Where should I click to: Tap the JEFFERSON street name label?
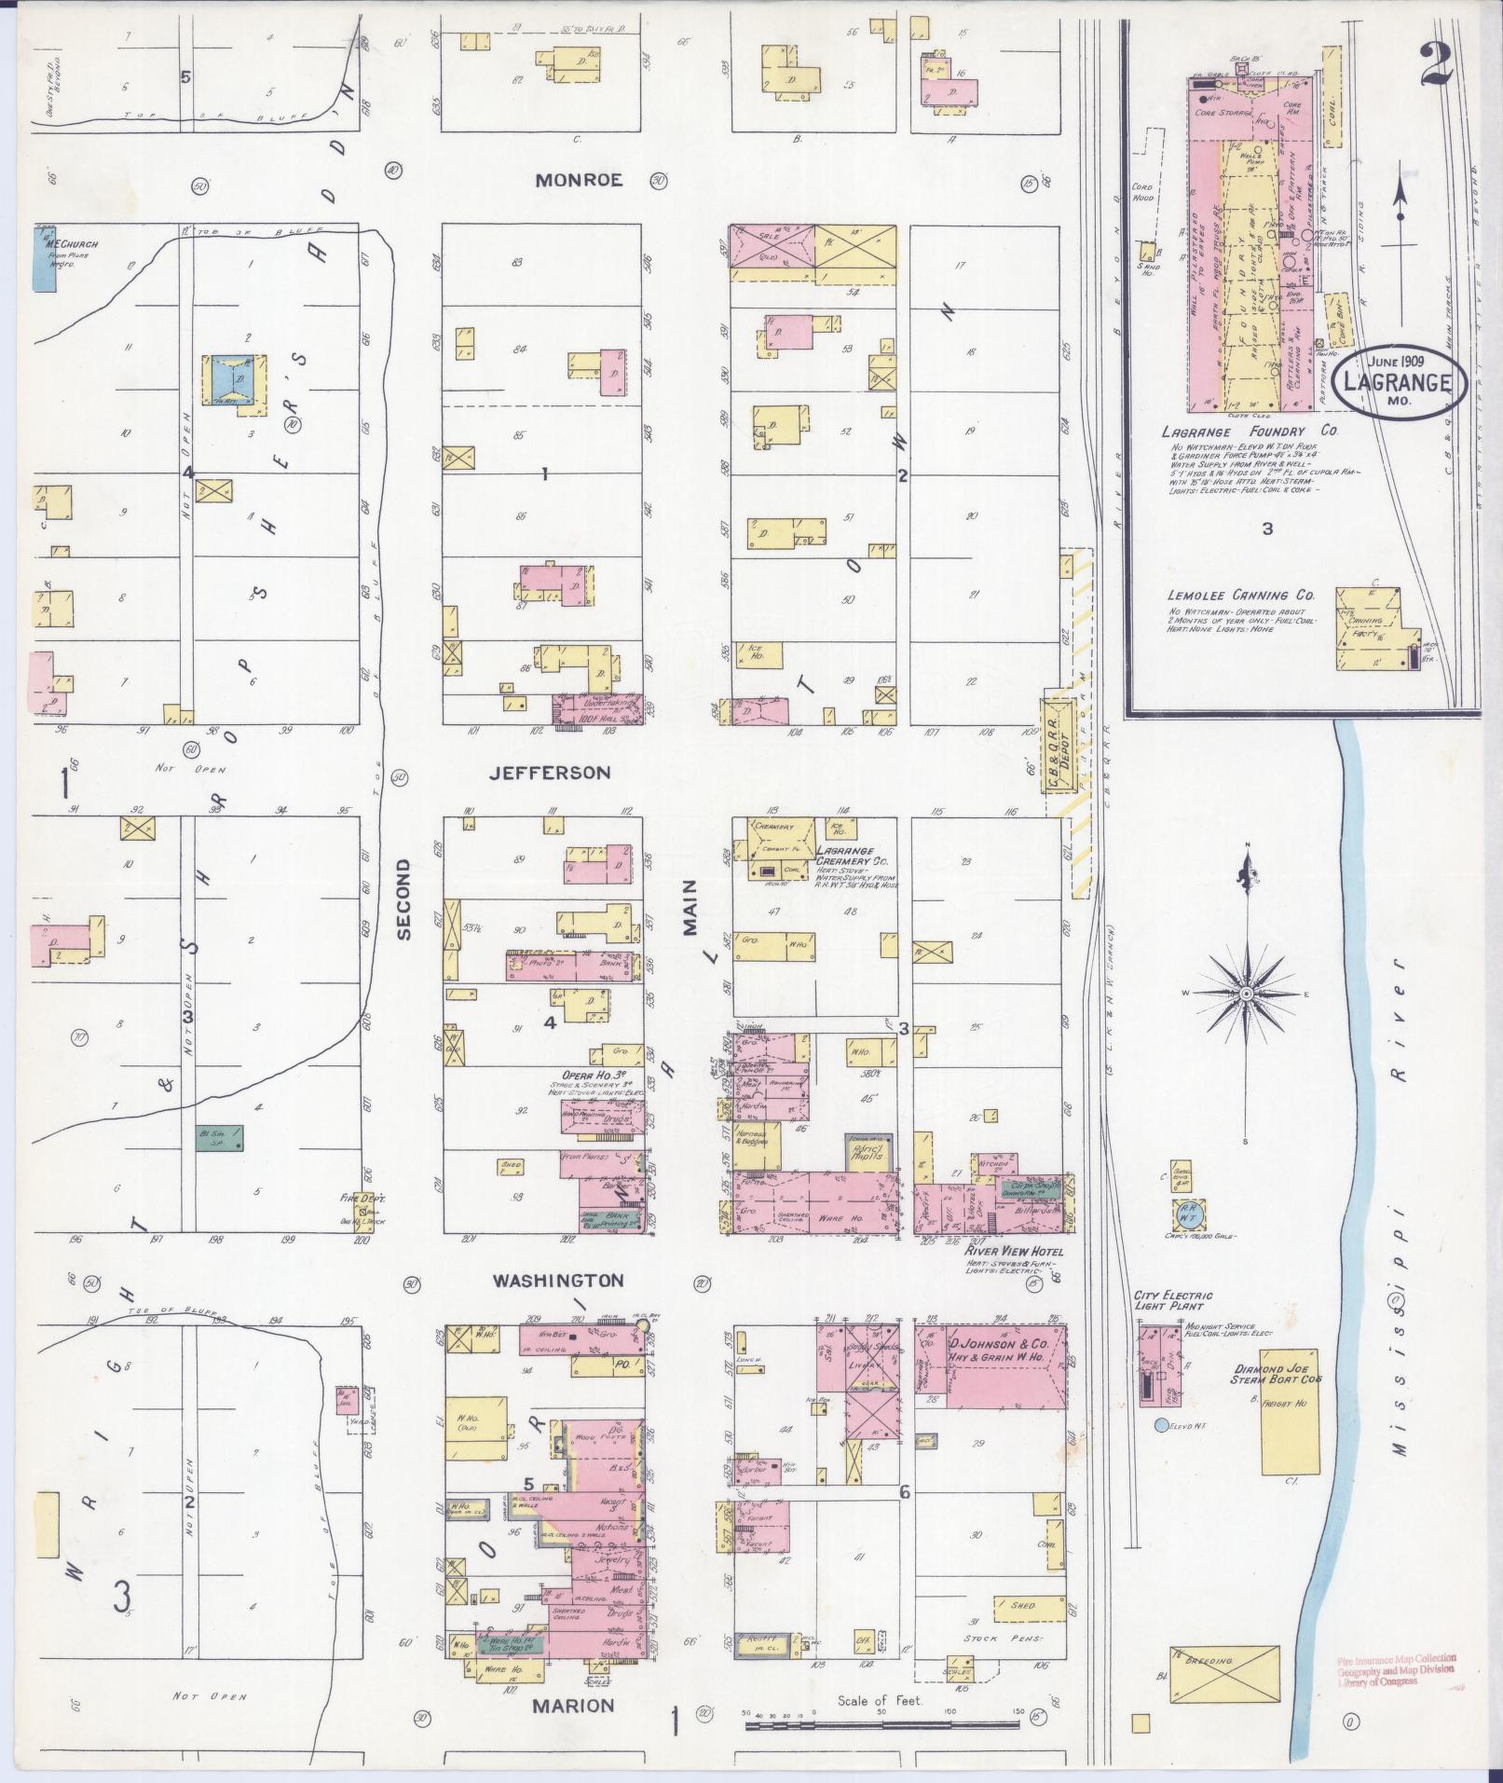550,773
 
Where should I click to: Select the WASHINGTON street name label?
557,1281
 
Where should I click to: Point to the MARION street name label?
573,1706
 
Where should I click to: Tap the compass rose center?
1246,994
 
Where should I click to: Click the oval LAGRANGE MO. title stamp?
1395,383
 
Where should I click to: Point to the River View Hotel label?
1014,1252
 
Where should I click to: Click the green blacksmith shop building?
221,1137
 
